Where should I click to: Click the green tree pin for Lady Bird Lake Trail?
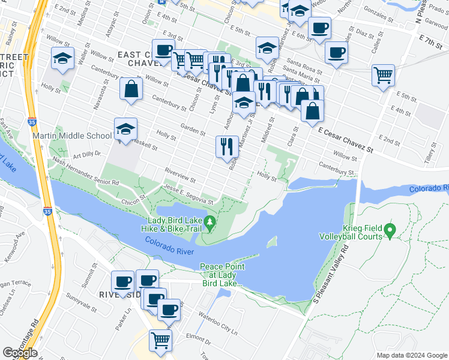[x=209, y=223]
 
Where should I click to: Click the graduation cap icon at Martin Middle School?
[x=126, y=129]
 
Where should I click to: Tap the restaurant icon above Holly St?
[x=227, y=146]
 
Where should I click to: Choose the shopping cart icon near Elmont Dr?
[x=160, y=340]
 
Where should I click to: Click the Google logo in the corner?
[x=20, y=353]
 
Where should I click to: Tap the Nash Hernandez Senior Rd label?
[x=85, y=170]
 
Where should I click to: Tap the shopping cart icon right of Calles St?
[x=383, y=76]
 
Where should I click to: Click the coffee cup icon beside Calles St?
[x=336, y=52]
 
